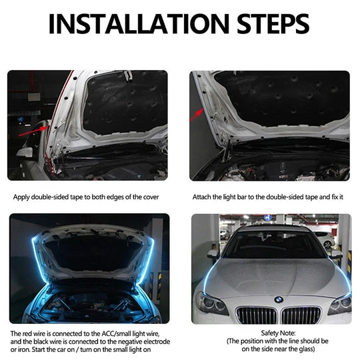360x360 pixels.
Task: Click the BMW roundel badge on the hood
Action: tap(279, 299)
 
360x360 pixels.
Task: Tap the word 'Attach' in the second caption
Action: tap(203, 197)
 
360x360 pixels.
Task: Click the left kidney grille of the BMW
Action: tap(255, 315)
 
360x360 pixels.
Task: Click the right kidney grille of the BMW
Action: tap(303, 315)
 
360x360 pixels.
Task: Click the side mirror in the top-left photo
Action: tap(25, 151)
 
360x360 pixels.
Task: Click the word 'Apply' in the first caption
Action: tap(22, 197)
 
